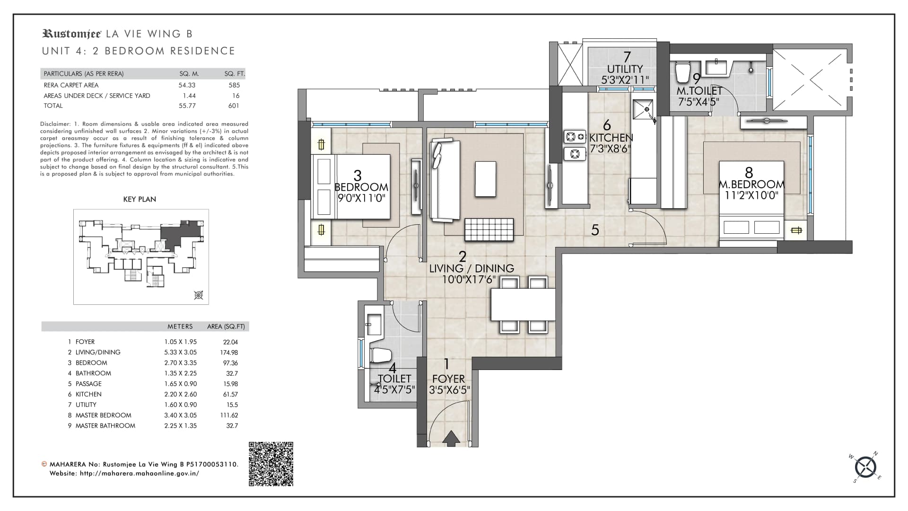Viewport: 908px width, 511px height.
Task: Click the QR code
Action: [x=271, y=464]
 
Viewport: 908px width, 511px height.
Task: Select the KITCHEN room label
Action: [x=611, y=138]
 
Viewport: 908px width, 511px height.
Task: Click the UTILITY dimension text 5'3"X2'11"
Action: [x=625, y=80]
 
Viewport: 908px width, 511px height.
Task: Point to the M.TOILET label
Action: [x=699, y=90]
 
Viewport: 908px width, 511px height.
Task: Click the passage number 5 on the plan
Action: [x=595, y=230]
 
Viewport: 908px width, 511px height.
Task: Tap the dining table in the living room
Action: [x=523, y=304]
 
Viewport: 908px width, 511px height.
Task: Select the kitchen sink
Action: [x=643, y=111]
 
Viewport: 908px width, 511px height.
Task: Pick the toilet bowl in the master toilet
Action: [x=682, y=72]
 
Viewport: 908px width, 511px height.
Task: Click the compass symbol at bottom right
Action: [x=866, y=467]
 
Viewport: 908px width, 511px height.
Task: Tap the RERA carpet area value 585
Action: [x=234, y=85]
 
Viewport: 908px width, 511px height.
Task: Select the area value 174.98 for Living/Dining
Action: [x=229, y=352]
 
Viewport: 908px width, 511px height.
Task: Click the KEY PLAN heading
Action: [x=140, y=199]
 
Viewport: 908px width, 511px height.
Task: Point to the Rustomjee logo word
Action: [x=72, y=34]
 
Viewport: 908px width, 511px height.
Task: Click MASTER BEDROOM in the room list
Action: [x=104, y=415]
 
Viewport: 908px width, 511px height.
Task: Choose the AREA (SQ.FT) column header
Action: [x=226, y=326]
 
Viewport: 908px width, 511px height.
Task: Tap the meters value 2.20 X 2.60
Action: [x=180, y=394]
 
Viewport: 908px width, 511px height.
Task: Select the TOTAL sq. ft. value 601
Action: [x=234, y=106]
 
